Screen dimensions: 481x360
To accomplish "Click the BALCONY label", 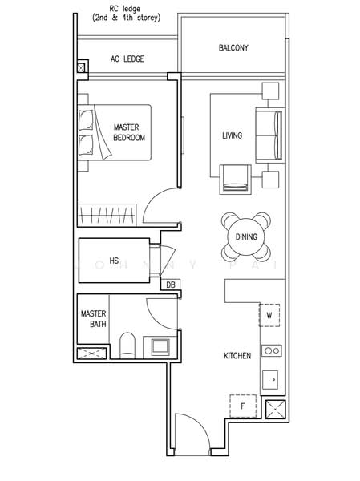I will (x=233, y=48).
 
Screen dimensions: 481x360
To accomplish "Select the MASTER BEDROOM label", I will (x=129, y=132).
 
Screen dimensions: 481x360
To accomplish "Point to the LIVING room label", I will (x=232, y=135).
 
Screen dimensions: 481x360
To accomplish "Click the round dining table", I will (x=246, y=237).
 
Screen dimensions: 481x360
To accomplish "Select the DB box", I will (x=170, y=285).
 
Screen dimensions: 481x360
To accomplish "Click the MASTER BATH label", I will (x=93, y=319).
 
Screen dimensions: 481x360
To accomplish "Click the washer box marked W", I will (x=269, y=315).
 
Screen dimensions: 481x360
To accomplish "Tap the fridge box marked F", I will (x=242, y=406).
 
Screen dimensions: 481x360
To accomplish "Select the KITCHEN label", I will (x=237, y=355).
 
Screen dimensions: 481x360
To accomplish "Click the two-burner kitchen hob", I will (x=272, y=350).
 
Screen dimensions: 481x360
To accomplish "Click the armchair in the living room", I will (x=236, y=178).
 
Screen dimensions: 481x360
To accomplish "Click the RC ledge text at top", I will (x=126, y=12).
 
